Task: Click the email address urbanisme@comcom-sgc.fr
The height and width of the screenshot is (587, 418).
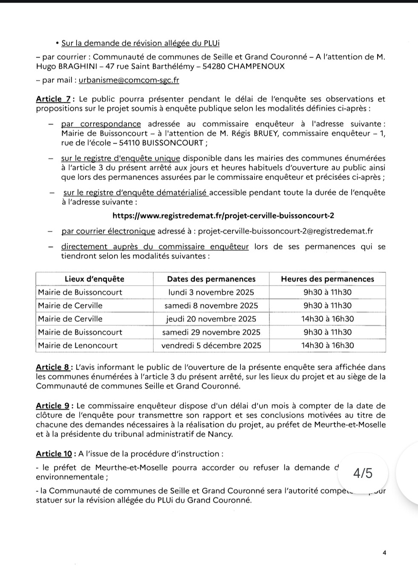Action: pos(129,80)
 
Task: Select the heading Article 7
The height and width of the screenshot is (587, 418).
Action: pos(53,99)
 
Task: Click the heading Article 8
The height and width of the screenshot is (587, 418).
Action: pos(53,367)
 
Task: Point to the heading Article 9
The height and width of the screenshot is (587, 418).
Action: pos(53,406)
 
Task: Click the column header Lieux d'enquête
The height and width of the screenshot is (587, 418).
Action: pos(94,279)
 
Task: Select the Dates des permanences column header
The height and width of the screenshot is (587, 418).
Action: pos(211,279)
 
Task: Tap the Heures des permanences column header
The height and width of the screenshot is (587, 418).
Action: pos(327,279)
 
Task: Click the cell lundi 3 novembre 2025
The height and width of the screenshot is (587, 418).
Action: pos(211,292)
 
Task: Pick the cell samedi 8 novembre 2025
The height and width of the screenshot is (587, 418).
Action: pos(211,306)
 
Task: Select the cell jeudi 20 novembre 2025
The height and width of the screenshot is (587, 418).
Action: pos(211,319)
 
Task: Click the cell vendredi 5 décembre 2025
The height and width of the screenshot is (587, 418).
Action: pos(211,345)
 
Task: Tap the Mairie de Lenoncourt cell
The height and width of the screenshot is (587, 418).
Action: pos(77,345)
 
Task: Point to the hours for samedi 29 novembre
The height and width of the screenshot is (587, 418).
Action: pos(327,332)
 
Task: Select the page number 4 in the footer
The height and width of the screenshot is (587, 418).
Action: pos(384,553)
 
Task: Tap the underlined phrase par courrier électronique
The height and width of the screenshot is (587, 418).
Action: pos(108,231)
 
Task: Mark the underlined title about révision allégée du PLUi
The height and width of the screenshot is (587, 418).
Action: pos(140,43)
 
